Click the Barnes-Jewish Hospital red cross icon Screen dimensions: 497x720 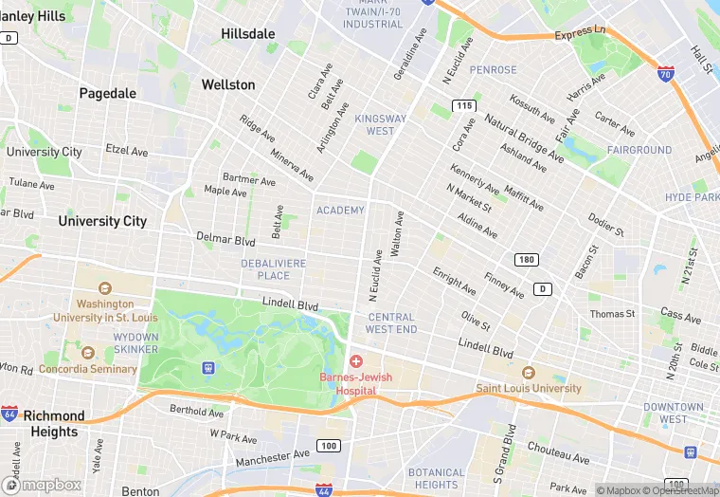click(x=356, y=361)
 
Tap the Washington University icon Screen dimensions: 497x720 click(x=105, y=288)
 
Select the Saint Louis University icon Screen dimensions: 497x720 click(x=529, y=373)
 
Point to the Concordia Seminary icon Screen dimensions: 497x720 click(x=88, y=353)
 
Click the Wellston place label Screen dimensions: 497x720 click(x=228, y=84)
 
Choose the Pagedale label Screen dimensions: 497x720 click(x=108, y=93)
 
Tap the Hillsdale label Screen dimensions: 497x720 click(x=248, y=33)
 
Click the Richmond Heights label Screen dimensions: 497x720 click(x=54, y=424)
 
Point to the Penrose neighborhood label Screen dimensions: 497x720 click(x=494, y=70)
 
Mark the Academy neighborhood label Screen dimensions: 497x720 click(x=340, y=210)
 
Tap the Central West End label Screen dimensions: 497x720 click(x=391, y=323)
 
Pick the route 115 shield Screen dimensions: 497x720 click(x=463, y=104)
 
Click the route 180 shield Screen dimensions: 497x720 click(x=527, y=259)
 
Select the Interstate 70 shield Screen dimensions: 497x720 click(x=666, y=71)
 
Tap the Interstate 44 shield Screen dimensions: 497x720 click(x=324, y=489)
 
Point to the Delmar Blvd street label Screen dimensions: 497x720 click(x=226, y=237)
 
